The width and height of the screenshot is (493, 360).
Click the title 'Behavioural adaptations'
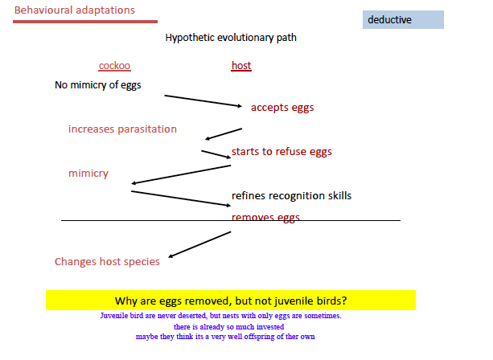pos(74,10)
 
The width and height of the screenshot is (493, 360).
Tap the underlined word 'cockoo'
pos(114,66)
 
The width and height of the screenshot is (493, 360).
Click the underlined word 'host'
pos(240,66)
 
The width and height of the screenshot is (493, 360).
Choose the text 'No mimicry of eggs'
pos(97,84)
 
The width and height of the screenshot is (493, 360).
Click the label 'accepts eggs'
pos(281,108)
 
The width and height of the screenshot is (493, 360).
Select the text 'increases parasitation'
pos(122,129)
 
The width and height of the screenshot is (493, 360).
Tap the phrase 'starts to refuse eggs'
pos(281,152)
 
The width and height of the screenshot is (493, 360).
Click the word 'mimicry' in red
pos(88,174)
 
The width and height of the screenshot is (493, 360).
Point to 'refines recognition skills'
pos(291,195)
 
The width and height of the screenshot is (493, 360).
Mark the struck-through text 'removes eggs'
pos(265,217)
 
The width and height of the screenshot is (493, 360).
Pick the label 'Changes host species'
pos(107,261)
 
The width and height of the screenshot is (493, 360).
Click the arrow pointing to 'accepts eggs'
pos(203,100)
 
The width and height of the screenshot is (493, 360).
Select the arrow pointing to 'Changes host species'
pos(199,244)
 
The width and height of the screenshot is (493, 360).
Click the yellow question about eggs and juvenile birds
pos(231,301)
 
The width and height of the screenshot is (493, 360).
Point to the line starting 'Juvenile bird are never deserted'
pos(220,316)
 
